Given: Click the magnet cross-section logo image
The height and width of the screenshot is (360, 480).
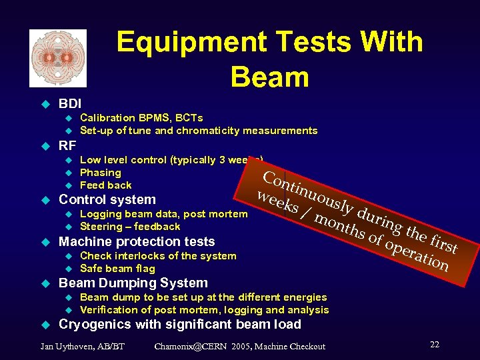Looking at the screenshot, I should [58, 58].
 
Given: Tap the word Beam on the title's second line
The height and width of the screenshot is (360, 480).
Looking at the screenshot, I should [269, 77].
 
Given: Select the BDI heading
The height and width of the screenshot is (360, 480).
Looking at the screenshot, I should [70, 104].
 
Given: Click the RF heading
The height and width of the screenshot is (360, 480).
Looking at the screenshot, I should [67, 145].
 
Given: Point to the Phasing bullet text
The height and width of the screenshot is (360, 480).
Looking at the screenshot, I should [100, 173].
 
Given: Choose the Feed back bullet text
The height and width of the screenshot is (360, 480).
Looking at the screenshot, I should [105, 185].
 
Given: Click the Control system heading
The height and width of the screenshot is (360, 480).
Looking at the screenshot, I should [107, 199].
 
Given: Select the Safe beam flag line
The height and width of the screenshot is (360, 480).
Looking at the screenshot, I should [117, 269].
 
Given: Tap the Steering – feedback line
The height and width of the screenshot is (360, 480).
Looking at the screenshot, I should [130, 227].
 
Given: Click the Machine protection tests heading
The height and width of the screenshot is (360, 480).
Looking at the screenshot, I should [137, 241].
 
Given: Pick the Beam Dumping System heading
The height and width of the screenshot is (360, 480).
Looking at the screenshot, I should [133, 283].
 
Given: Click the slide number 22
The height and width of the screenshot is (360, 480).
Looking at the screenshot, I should [434, 345].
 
